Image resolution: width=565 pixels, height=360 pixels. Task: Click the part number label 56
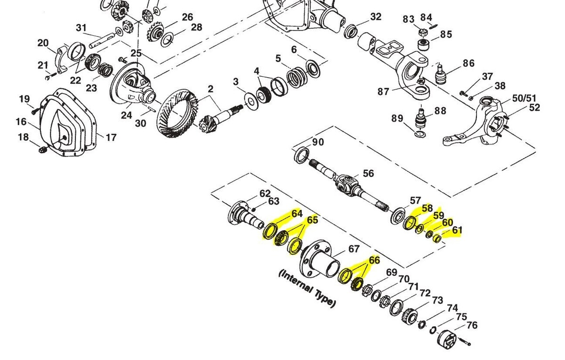point(368,174)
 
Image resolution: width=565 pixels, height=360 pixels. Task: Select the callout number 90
point(318,142)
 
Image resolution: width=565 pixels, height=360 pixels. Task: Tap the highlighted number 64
point(297,214)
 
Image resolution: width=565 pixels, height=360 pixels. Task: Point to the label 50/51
point(524,98)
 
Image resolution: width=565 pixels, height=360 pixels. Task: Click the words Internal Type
point(307,288)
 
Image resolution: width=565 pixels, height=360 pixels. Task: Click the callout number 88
point(440,111)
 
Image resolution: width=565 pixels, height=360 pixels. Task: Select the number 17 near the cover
point(111,138)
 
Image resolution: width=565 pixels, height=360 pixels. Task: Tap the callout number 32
point(375,17)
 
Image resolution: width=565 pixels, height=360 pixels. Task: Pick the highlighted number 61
point(457,230)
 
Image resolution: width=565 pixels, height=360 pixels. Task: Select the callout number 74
point(452,308)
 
